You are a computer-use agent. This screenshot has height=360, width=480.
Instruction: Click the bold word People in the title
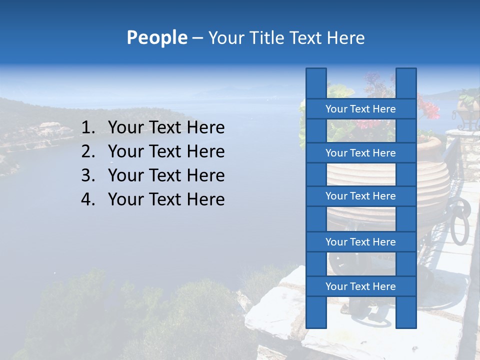pos(156,38)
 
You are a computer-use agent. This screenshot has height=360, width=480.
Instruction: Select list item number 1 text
pos(166,128)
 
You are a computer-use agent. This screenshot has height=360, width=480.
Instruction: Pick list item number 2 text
pos(166,151)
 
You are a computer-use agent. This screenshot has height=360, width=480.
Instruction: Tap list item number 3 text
pos(166,175)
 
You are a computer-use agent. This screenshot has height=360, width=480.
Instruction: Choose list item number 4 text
pos(166,199)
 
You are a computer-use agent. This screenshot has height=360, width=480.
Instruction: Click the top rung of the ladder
pos(360,109)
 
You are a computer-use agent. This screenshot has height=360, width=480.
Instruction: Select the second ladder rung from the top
pos(360,153)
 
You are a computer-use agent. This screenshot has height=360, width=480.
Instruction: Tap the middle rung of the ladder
pos(360,196)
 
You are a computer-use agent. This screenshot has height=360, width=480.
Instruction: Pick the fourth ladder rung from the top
pos(360,242)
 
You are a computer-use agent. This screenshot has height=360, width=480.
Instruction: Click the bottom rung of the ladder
pos(360,286)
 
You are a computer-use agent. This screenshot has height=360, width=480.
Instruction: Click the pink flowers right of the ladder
pos(428,108)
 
